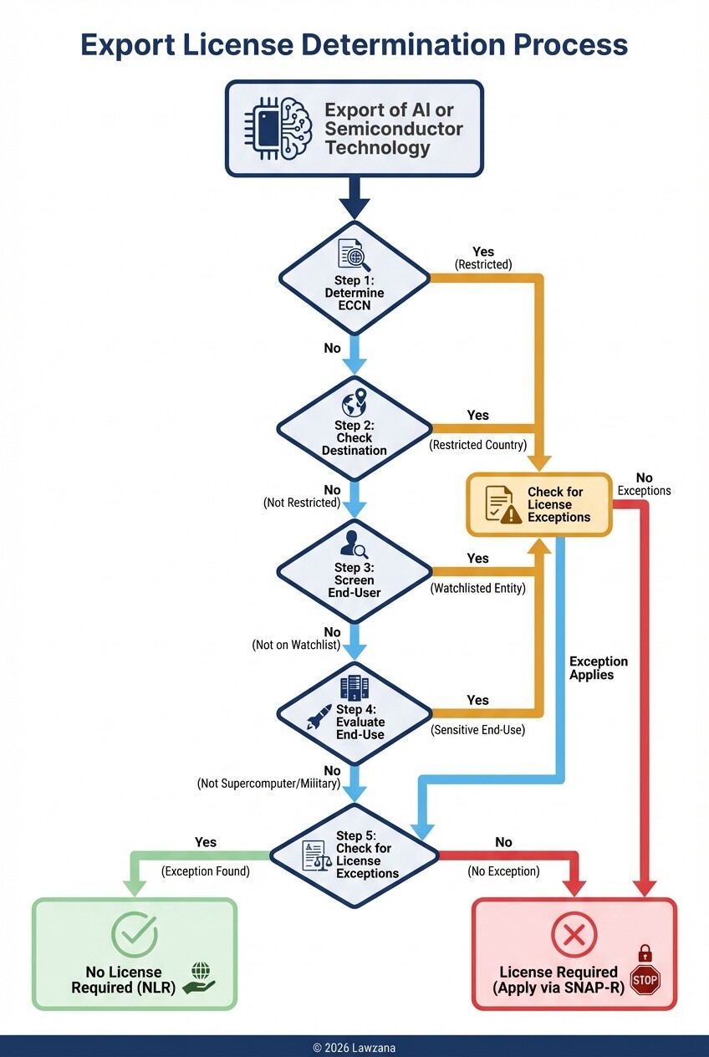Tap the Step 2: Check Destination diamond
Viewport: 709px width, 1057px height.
pyautogui.click(x=354, y=429)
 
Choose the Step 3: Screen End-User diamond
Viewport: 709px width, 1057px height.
pyautogui.click(x=354, y=571)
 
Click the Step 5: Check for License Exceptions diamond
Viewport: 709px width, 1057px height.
pyautogui.click(x=354, y=855)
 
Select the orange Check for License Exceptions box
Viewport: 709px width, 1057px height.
pyautogui.click(x=539, y=504)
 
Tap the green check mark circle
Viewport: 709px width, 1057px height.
pyautogui.click(x=134, y=935)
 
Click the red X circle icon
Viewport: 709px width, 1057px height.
pyautogui.click(x=574, y=935)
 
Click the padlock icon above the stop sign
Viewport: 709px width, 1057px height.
pyautogui.click(x=645, y=953)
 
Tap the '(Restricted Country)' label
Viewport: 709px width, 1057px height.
pyautogui.click(x=479, y=446)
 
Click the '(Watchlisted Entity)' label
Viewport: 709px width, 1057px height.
pyautogui.click(x=478, y=588)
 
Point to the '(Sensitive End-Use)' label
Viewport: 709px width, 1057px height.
pyautogui.click(x=478, y=730)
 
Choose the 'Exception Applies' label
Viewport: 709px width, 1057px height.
pyautogui.click(x=599, y=668)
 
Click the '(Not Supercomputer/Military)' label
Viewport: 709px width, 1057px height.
pyautogui.click(x=269, y=784)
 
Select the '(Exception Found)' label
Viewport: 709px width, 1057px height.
pyautogui.click(x=205, y=871)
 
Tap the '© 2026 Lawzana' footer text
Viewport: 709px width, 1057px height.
pyautogui.click(x=354, y=1047)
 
